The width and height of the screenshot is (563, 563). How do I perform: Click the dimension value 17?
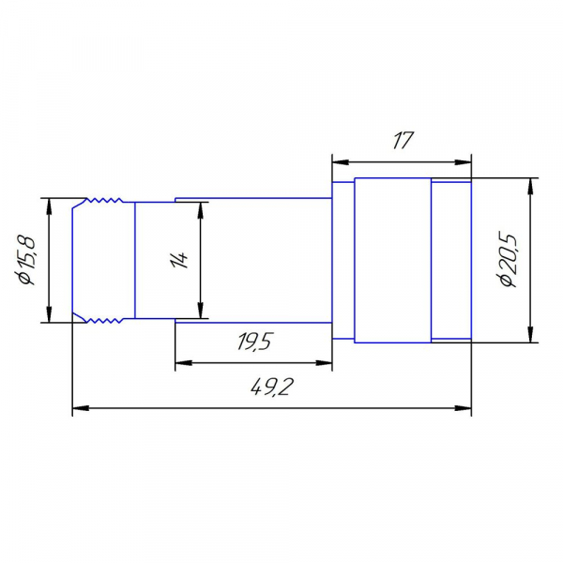[403, 140]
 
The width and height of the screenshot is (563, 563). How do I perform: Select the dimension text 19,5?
[255, 342]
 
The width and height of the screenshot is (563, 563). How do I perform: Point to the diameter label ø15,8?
[26, 260]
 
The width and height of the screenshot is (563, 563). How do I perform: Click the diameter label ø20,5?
[508, 260]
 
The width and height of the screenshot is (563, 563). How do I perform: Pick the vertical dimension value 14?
[179, 260]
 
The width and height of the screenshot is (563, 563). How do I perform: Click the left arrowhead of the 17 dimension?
[340, 162]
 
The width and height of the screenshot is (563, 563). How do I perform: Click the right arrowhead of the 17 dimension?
[464, 162]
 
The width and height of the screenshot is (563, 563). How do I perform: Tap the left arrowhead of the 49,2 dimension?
[81, 408]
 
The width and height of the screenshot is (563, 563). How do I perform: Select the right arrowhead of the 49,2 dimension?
[464, 408]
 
